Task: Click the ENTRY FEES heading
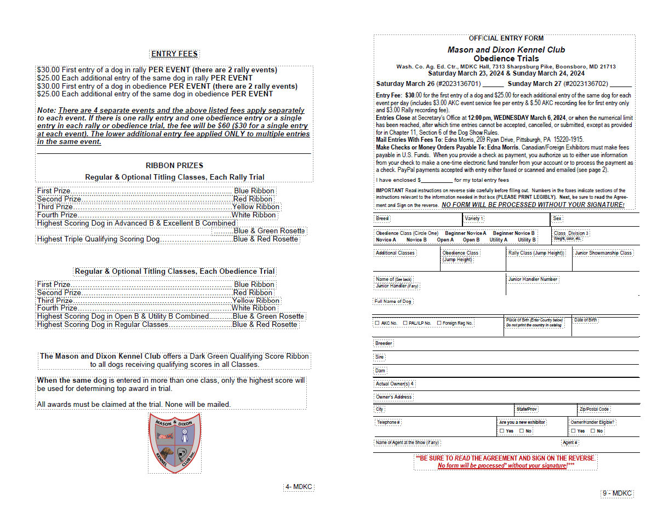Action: (x=174, y=54)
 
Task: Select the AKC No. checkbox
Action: (x=377, y=323)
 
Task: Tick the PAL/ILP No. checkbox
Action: (x=405, y=323)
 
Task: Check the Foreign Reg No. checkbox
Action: (x=439, y=323)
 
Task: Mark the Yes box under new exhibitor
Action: (x=502, y=431)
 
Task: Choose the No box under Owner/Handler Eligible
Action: (x=593, y=431)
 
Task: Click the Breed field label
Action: (x=382, y=218)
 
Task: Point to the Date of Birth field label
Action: (x=585, y=320)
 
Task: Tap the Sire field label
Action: (x=379, y=357)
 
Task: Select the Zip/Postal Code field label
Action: (x=594, y=409)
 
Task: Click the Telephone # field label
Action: (x=388, y=422)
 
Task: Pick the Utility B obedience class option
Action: (x=527, y=240)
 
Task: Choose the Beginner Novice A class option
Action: (x=465, y=233)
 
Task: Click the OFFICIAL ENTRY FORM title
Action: (x=506, y=38)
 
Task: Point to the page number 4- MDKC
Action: (x=299, y=487)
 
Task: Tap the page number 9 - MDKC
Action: (x=617, y=493)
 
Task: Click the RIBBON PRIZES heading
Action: (x=174, y=165)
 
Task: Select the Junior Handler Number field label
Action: (x=533, y=279)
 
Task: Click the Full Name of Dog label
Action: (x=393, y=301)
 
